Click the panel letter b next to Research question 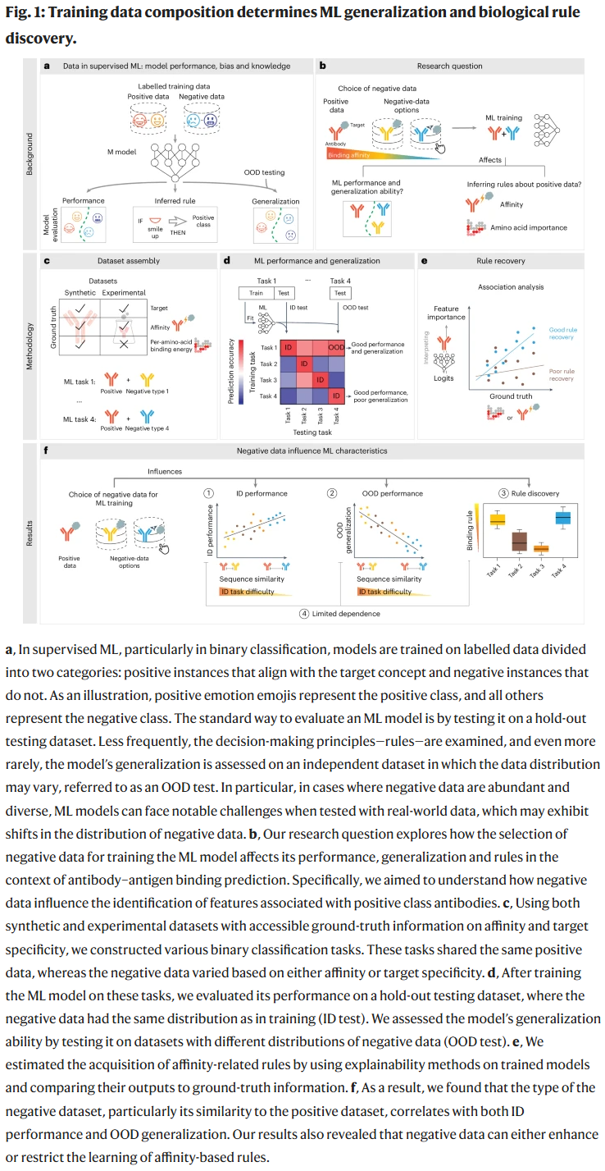pyautogui.click(x=322, y=66)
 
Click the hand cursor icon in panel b pyautogui.click(x=439, y=147)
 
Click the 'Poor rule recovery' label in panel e pyautogui.click(x=562, y=374)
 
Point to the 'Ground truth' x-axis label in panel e pyautogui.click(x=511, y=396)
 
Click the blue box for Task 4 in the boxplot pyautogui.click(x=563, y=518)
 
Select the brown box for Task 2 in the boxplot pyautogui.click(x=519, y=542)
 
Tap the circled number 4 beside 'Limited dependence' pyautogui.click(x=304, y=614)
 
